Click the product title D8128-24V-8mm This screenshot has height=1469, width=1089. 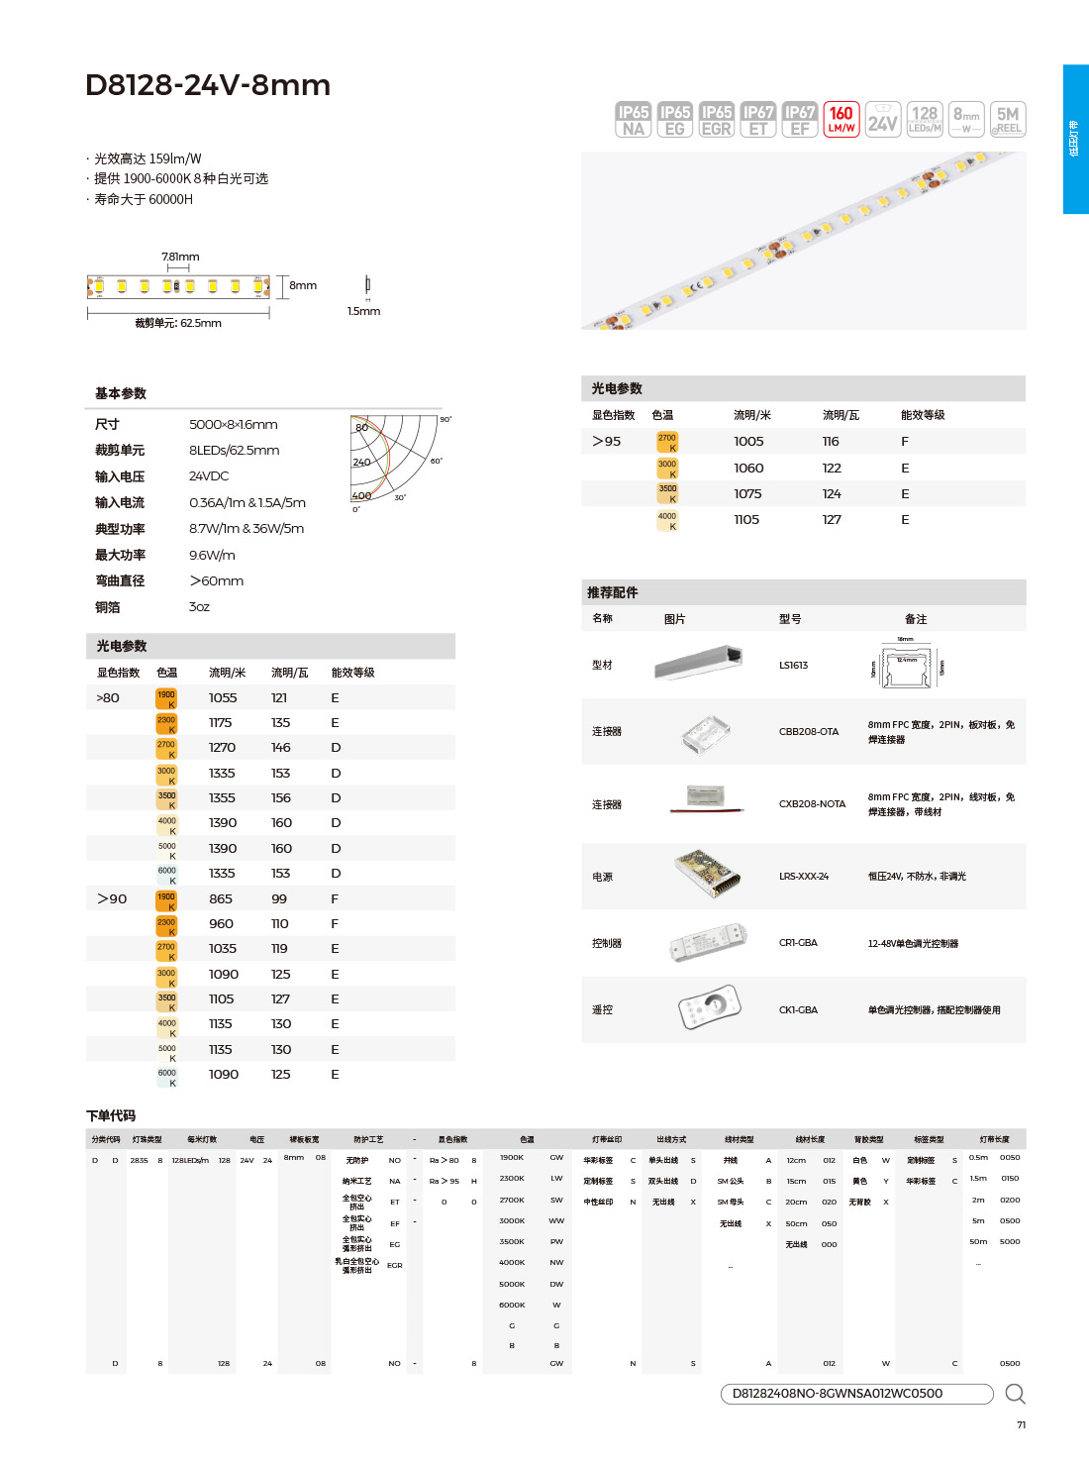[208, 85]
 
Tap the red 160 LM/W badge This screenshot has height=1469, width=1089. [841, 120]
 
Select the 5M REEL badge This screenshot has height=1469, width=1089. [1008, 120]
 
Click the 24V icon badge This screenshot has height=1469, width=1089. [883, 120]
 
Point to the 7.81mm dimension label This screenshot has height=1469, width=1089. [180, 257]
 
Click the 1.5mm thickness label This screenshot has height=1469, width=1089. [363, 311]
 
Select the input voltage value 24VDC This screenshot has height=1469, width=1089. [209, 476]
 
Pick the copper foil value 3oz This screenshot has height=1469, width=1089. [199, 607]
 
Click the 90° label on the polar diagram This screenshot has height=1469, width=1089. [445, 420]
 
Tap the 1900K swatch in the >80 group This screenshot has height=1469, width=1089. [166, 698]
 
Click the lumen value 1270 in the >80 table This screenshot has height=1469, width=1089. [222, 748]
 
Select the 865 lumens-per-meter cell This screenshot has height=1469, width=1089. [221, 899]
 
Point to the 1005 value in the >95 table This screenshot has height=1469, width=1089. [748, 442]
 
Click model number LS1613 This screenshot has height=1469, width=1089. [793, 666]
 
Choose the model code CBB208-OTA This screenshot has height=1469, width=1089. [809, 732]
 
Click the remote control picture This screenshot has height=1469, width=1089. [709, 1008]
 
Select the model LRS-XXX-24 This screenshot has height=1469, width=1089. [804, 877]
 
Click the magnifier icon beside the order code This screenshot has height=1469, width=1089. [1015, 1395]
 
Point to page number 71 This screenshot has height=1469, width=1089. [1021, 1425]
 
